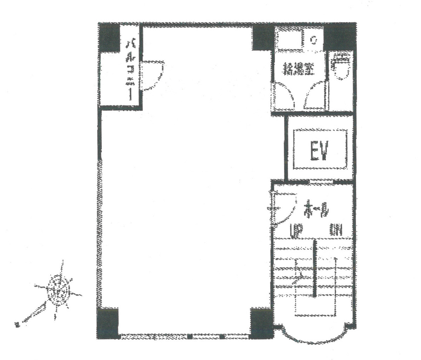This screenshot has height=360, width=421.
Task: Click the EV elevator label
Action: click(x=320, y=151)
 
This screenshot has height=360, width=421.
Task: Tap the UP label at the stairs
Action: click(x=295, y=230)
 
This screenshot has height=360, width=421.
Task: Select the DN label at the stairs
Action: click(x=336, y=230)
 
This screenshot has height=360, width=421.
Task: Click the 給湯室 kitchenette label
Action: click(x=299, y=69)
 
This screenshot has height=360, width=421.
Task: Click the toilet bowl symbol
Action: click(x=341, y=67)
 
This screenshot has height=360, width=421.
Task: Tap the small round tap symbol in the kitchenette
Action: click(x=314, y=41)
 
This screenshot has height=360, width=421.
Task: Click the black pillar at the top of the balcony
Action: click(x=109, y=38)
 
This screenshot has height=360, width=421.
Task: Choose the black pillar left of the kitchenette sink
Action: click(x=262, y=38)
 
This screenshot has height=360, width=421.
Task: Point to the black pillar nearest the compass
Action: click(x=108, y=322)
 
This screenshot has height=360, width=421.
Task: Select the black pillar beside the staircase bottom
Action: click(x=261, y=322)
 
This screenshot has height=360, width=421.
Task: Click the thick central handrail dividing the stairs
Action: click(x=315, y=268)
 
